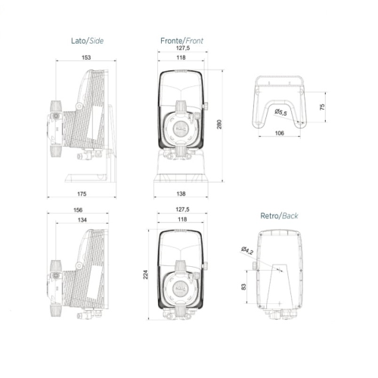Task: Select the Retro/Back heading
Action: [x=279, y=215]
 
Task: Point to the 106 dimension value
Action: [x=279, y=133]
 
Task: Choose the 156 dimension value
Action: [x=79, y=211]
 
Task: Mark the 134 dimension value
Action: [x=81, y=220]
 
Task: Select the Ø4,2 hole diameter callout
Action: [x=247, y=250]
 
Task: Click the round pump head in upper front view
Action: [x=181, y=122]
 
